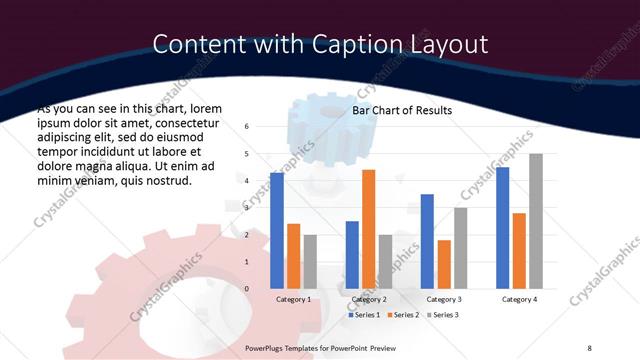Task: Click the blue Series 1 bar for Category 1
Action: (x=277, y=231)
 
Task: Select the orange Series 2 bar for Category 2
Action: (x=368, y=229)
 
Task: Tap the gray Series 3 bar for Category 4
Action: (x=535, y=221)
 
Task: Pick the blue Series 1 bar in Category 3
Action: (x=427, y=241)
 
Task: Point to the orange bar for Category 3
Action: (x=444, y=264)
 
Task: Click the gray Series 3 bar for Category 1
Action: (x=310, y=262)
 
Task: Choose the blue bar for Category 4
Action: (x=502, y=228)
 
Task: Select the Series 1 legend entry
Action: (x=365, y=315)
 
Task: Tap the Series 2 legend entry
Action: (x=403, y=315)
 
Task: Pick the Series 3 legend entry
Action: (x=441, y=315)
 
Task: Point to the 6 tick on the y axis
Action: (x=247, y=127)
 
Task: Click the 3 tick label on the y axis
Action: (x=247, y=208)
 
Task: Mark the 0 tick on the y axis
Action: (x=247, y=289)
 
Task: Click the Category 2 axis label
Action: (x=368, y=299)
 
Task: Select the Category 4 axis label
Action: (x=518, y=299)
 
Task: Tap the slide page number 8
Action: (x=589, y=346)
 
